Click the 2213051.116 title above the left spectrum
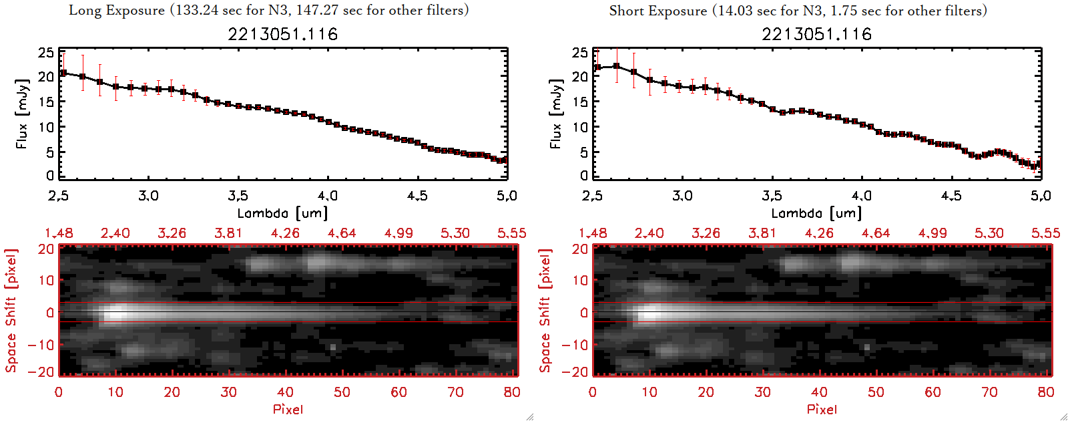[282, 34]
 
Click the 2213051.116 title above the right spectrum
[816, 34]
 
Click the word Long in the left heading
[84, 10]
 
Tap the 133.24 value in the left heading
[198, 10]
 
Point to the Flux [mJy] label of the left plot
[23, 114]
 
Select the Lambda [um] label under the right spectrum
[816, 213]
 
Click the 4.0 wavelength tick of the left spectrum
[328, 196]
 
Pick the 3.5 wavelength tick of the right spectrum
[772, 196]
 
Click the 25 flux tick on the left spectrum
[46, 52]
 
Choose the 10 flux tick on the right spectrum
[580, 127]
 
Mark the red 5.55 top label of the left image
[511, 233]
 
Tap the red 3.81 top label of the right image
[762, 233]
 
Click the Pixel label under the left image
[288, 409]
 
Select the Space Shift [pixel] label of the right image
[545, 311]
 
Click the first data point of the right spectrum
[598, 67]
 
